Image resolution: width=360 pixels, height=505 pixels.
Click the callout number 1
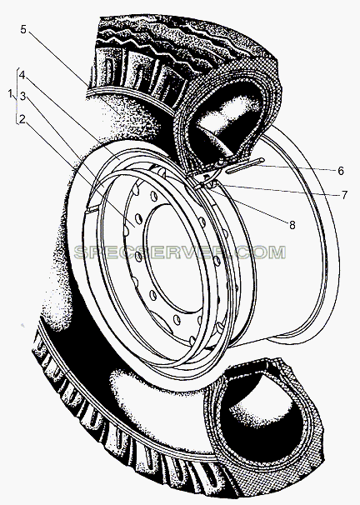[11, 93]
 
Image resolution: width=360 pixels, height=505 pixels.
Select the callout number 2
[22, 119]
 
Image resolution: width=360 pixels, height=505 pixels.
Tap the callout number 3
[22, 96]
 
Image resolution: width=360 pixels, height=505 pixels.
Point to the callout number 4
[22, 75]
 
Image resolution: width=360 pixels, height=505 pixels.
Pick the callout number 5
[23, 29]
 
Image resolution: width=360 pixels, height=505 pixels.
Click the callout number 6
[341, 171]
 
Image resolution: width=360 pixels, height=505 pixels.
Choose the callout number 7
[344, 195]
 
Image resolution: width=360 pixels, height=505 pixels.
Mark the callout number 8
[292, 225]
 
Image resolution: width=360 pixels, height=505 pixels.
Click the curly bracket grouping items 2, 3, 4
[17, 96]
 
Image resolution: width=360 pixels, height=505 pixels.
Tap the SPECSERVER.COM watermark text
[180, 252]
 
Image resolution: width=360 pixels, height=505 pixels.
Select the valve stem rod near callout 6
[245, 166]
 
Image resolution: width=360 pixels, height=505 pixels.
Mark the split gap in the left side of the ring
[91, 209]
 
